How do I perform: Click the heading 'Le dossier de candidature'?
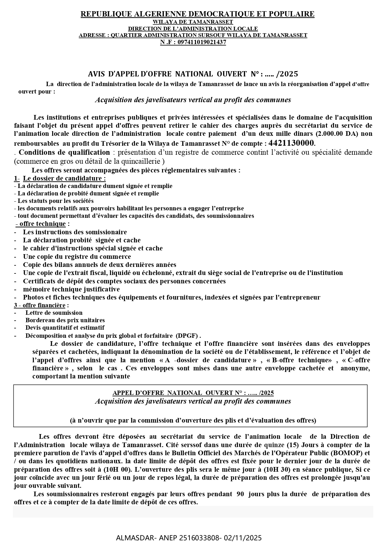click(64, 178)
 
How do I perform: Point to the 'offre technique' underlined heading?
click(43, 224)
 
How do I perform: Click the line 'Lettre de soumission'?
click(54, 313)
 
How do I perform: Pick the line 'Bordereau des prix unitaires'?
click(65, 320)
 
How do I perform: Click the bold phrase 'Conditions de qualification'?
click(64, 152)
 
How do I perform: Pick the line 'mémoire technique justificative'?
click(71, 289)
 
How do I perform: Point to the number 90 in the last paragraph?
click(240, 494)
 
